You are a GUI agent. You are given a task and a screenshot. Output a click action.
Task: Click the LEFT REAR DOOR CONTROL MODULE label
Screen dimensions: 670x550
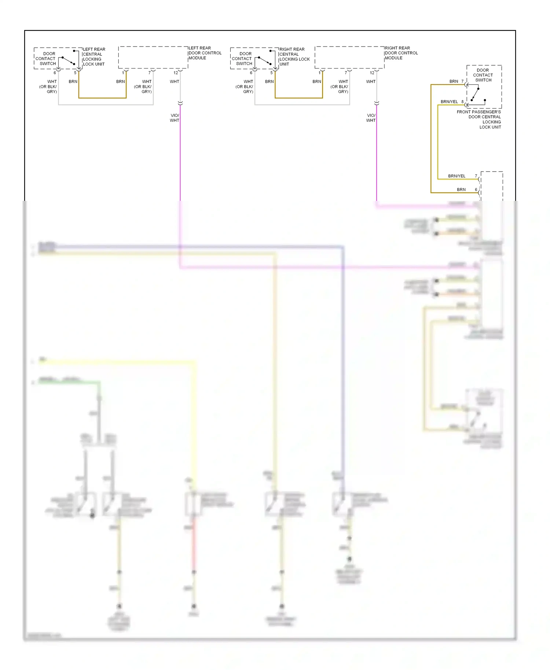(205, 53)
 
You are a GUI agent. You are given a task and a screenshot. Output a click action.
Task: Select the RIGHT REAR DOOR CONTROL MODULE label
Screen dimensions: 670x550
(401, 53)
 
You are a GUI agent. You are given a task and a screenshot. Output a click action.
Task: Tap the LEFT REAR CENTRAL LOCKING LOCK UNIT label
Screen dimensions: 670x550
(94, 56)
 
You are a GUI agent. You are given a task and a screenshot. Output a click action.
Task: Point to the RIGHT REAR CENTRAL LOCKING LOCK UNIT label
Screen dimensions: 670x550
(294, 56)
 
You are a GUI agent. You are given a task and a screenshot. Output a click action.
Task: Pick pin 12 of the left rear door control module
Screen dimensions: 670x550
(176, 73)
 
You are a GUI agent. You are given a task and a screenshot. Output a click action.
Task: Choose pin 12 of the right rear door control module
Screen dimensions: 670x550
(372, 73)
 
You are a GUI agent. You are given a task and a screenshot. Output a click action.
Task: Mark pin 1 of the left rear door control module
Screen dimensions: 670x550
(123, 73)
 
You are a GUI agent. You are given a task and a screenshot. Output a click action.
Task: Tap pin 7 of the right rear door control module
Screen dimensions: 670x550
(346, 73)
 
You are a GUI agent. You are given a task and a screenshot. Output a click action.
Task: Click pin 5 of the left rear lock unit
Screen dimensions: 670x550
(76, 73)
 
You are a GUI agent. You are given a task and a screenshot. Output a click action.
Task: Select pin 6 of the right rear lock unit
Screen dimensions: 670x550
(251, 73)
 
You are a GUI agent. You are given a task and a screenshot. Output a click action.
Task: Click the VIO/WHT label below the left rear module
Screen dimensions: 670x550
(175, 118)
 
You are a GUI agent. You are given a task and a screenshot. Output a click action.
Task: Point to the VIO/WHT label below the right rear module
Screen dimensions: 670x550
(371, 118)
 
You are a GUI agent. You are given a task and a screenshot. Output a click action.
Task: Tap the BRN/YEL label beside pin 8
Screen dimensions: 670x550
(449, 102)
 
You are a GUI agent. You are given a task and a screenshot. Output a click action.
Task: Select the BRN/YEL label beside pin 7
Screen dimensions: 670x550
(456, 176)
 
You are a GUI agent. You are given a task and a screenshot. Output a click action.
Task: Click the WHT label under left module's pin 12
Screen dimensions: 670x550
(175, 81)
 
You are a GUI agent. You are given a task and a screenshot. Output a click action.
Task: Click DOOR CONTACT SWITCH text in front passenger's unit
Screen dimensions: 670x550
(483, 75)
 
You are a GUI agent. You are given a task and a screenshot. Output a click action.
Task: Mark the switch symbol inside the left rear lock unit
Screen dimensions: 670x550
(69, 60)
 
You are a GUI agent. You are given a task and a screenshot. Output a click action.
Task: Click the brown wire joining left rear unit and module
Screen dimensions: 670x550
(102, 98)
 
